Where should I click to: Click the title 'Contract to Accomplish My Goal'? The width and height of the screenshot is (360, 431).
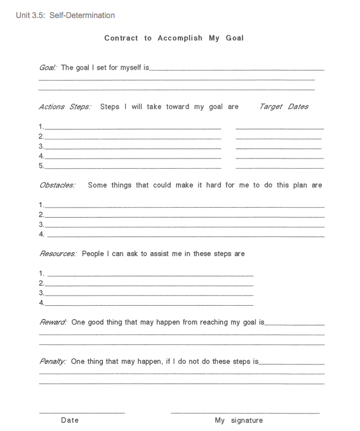tap(174, 38)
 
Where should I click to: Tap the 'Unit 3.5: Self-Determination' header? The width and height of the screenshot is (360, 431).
tap(65, 15)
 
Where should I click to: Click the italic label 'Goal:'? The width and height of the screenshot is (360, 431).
tap(47, 68)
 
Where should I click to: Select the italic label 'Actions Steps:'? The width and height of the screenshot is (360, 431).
tap(65, 107)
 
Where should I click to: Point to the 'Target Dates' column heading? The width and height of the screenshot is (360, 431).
tap(284, 107)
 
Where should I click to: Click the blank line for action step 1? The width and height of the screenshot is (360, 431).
tap(133, 128)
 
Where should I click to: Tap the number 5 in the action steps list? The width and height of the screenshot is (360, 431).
tap(41, 166)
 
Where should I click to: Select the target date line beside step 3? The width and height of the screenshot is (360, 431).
tap(279, 148)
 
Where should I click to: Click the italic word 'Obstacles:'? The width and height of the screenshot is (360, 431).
tap(57, 185)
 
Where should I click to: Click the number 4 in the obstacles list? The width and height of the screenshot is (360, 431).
tap(41, 234)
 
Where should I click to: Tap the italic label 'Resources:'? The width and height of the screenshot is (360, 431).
tap(58, 254)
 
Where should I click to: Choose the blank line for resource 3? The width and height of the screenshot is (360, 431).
tap(149, 294)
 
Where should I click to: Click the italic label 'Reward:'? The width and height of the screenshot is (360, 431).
tap(53, 322)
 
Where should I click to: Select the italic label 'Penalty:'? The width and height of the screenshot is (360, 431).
tap(53, 362)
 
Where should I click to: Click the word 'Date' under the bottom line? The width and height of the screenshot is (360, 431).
tap(70, 420)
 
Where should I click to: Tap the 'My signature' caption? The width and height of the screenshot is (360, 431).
tap(239, 420)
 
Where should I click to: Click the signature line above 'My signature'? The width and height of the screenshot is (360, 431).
tap(245, 413)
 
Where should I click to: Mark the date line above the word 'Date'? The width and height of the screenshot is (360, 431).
tap(82, 413)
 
